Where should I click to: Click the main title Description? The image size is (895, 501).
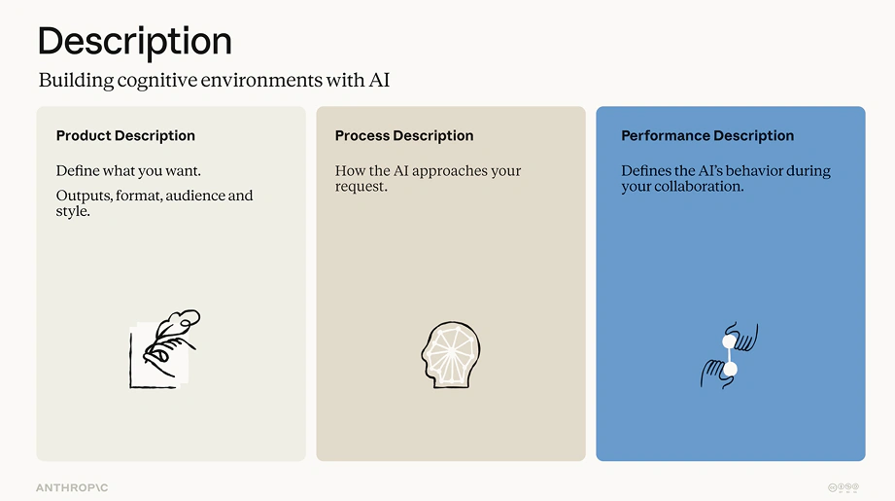pos(135,41)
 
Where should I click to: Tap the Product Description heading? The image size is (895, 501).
pos(125,136)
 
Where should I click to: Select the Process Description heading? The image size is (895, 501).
pos(404,136)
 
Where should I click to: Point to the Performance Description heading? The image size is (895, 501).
pos(707,136)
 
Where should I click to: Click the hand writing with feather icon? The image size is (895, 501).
pos(165,349)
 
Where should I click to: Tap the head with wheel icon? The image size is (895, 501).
pos(451,355)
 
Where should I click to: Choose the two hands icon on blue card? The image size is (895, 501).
pos(730,355)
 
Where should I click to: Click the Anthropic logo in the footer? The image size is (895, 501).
pos(72,487)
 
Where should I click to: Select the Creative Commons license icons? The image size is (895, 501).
pos(843,487)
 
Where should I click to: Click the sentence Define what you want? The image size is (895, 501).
pos(128,171)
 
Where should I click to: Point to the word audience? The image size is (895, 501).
pos(196,196)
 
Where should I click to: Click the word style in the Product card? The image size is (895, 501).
pos(73,211)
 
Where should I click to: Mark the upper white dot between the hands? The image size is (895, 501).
pos(730,341)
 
